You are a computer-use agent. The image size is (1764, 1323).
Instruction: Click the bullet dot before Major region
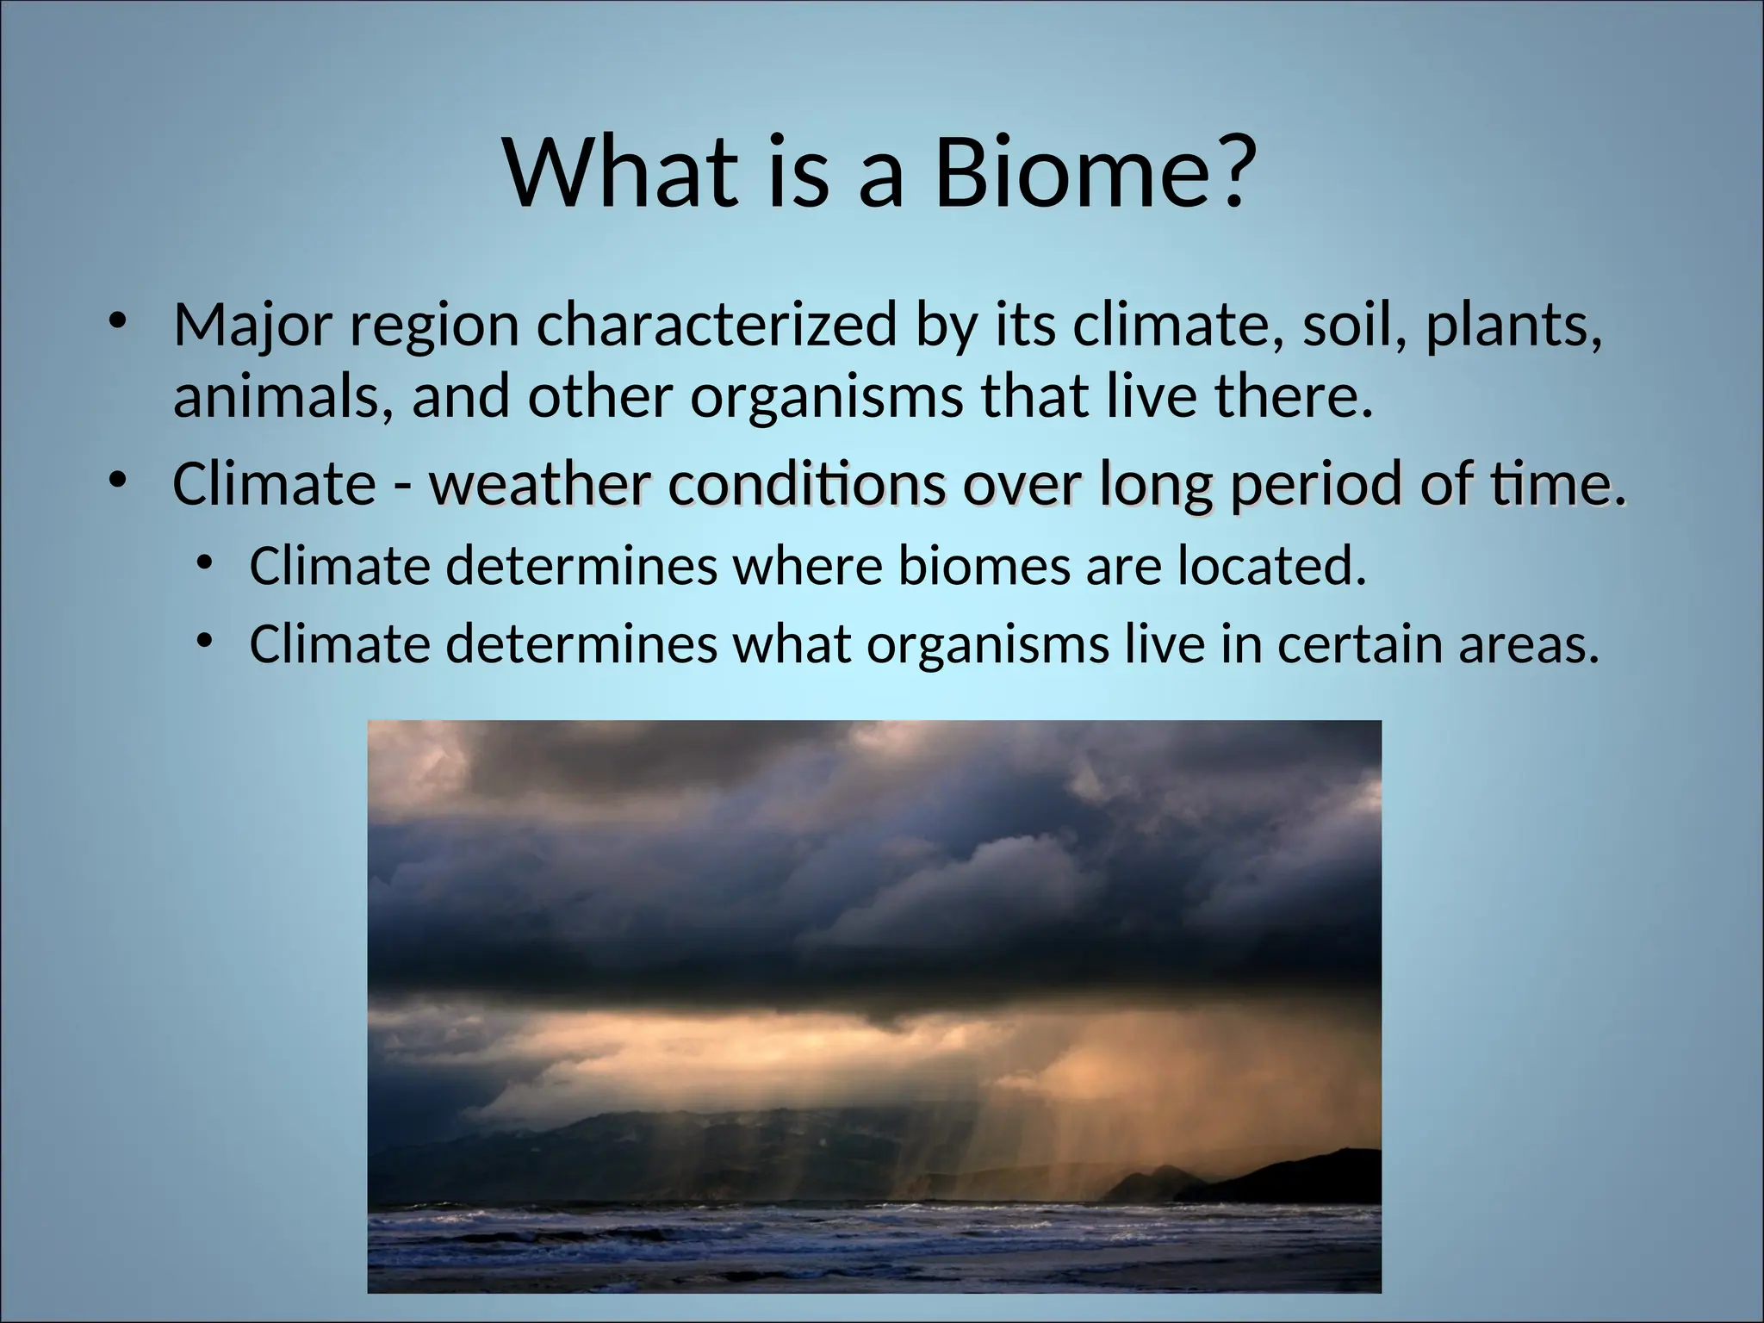(118, 323)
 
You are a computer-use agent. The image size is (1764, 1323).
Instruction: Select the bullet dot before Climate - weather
(118, 479)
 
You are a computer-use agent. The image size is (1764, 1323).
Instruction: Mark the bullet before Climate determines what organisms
(204, 641)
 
